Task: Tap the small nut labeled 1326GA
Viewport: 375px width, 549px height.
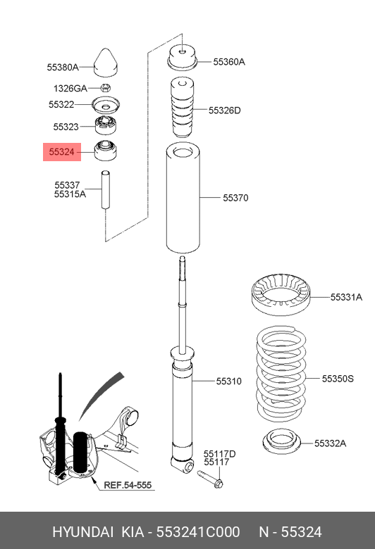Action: (105, 88)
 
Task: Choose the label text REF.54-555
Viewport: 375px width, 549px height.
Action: (127, 486)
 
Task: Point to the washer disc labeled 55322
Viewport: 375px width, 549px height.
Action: (107, 106)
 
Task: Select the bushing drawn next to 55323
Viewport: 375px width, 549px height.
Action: (106, 127)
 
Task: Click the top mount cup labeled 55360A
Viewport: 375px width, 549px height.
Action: (181, 58)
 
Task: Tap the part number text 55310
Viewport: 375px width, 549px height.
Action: (228, 381)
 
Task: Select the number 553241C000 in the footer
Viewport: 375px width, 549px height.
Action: (206, 531)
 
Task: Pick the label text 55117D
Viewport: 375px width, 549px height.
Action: (219, 454)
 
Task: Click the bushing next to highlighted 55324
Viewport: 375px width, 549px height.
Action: (106, 150)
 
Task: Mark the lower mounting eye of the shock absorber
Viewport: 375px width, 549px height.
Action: (186, 465)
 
